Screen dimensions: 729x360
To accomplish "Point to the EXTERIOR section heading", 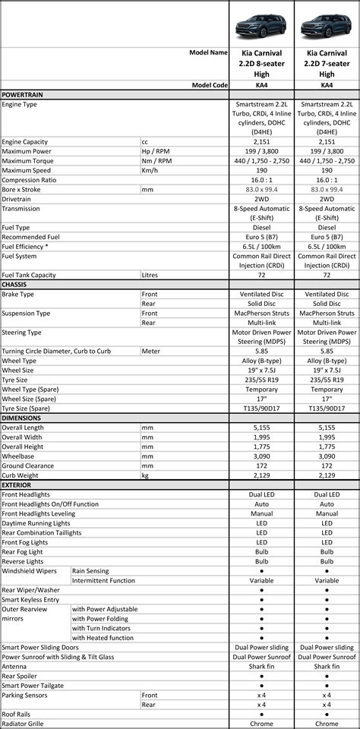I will [17, 484].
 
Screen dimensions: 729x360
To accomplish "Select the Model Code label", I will [210, 86].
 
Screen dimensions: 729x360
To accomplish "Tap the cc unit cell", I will [146, 142].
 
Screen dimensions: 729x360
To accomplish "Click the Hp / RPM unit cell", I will [156, 151].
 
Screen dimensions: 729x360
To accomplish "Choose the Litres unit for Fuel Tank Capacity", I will [151, 275].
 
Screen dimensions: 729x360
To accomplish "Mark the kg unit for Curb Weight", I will [145, 475].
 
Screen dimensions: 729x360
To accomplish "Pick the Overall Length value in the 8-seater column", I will [262, 428].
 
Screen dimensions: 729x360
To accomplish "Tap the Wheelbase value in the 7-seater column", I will [327, 456].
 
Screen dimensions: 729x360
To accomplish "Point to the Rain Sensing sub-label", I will [90, 570].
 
